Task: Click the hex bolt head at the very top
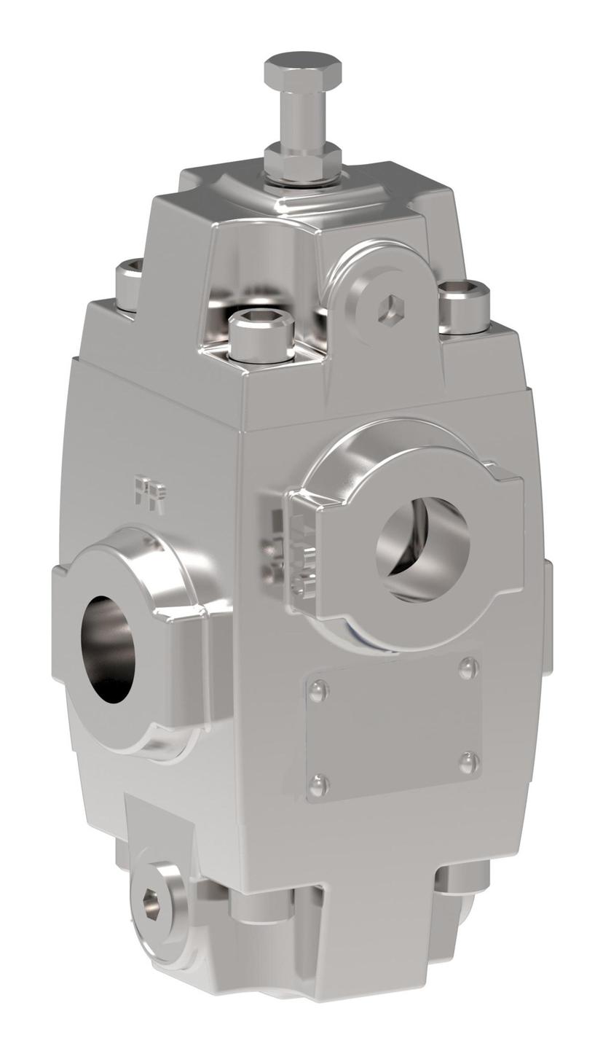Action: [x=302, y=69]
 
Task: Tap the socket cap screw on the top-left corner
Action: [x=130, y=283]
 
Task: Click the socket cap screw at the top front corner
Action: [x=261, y=335]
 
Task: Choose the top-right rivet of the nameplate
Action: [x=468, y=668]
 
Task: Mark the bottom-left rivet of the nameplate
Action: [x=318, y=786]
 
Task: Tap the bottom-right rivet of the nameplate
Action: [x=469, y=762]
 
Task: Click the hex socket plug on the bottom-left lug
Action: [x=152, y=904]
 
